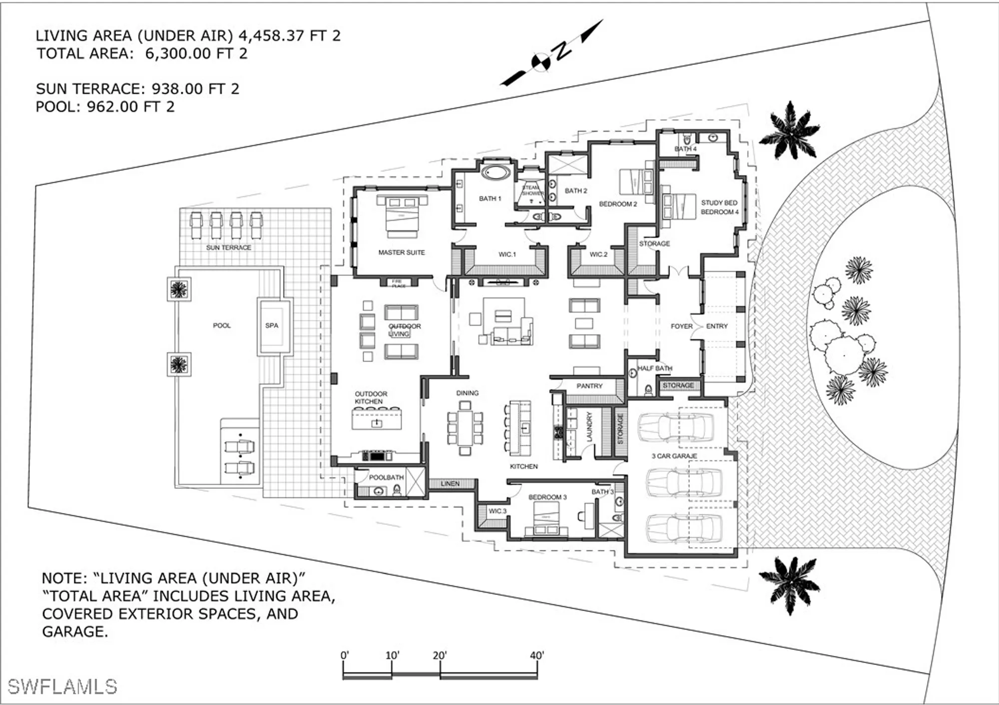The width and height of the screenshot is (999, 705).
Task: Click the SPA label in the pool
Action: click(271, 326)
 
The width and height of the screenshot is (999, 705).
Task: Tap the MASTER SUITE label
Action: click(401, 253)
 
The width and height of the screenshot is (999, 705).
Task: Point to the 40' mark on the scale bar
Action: click(536, 656)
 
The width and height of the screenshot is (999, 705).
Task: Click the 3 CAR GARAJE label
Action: click(674, 456)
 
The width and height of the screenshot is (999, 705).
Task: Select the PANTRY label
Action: click(589, 386)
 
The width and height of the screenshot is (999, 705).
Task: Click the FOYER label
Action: click(681, 326)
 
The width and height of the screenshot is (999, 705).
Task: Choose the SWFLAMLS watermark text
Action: click(62, 687)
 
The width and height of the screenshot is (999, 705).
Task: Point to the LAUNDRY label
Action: click(589, 426)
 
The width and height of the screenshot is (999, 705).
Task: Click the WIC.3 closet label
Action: click(497, 511)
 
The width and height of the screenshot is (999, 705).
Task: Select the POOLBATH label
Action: click(386, 478)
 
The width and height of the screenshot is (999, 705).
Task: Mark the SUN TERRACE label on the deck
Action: click(228, 248)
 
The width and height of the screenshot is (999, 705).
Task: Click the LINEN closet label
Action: click(450, 484)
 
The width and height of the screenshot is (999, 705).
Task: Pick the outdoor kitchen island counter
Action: click(377, 419)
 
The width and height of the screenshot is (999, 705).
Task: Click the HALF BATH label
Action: click(654, 368)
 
